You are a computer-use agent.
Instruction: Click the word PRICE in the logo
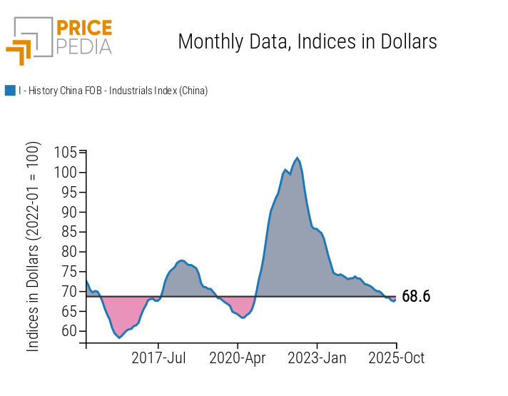click(83, 29)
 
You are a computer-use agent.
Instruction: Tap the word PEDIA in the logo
click(83, 47)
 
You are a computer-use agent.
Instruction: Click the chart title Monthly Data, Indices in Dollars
click(307, 41)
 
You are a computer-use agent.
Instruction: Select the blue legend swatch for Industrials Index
click(10, 91)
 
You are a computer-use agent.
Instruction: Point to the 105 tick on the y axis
click(66, 153)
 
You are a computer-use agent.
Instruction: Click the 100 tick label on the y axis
click(66, 173)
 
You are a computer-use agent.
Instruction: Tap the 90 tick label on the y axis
click(69, 212)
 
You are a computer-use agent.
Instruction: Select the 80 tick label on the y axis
click(69, 251)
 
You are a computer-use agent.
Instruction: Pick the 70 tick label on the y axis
click(69, 291)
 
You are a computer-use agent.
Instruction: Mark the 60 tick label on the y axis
click(69, 330)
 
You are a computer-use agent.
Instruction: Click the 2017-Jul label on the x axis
click(159, 357)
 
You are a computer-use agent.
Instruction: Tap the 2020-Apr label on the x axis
click(238, 357)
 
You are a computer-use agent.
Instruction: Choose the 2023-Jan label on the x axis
click(317, 357)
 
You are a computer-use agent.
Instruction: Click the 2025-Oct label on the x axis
click(396, 357)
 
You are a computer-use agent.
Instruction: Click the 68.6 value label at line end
click(416, 297)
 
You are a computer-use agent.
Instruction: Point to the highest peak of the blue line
click(297, 158)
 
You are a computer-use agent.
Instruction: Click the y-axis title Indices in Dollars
click(34, 246)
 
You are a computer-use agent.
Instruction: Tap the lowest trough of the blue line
click(119, 337)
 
